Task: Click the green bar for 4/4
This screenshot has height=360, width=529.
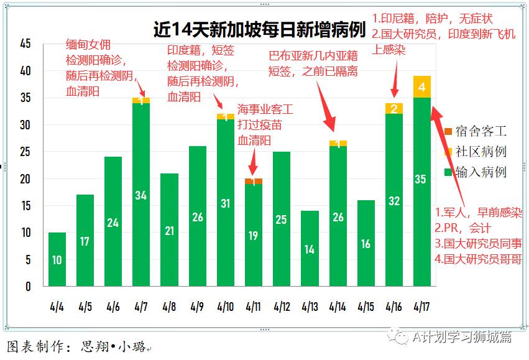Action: coord(57,259)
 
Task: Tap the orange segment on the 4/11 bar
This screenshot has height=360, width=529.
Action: coord(253,182)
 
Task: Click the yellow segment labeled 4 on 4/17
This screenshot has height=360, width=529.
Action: coord(421,87)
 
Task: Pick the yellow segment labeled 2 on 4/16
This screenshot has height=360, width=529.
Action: coord(393,109)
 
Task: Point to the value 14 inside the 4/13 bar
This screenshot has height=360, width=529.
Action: coord(309,249)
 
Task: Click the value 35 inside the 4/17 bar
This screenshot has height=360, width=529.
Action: coord(421,180)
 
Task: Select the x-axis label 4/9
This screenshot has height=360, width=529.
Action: coord(197,307)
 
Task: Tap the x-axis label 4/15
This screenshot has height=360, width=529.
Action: coord(366,307)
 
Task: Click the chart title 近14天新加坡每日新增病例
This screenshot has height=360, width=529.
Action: coord(259,29)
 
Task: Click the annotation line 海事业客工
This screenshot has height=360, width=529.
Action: coord(265,109)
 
